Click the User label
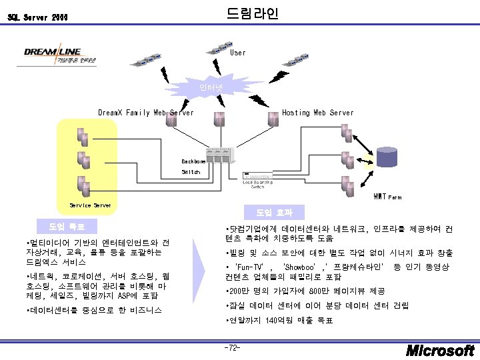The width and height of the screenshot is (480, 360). click(x=237, y=52)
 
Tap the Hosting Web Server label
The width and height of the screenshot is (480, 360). click(x=318, y=113)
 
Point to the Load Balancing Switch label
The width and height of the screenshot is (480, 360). click(x=257, y=184)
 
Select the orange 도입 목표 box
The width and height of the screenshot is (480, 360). click(x=67, y=224)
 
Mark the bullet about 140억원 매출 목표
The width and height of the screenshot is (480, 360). click(x=280, y=321)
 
